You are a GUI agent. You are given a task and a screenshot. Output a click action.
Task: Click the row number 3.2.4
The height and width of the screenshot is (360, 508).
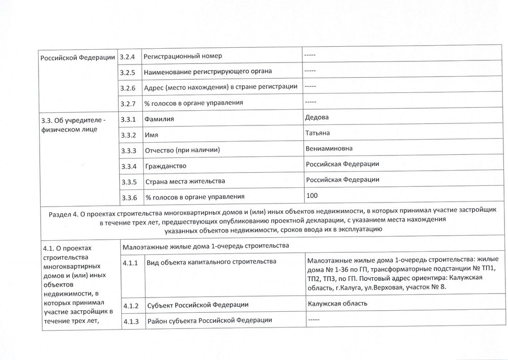click(127, 55)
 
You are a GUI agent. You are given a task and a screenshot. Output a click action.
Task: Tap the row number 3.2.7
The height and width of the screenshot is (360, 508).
click(127, 103)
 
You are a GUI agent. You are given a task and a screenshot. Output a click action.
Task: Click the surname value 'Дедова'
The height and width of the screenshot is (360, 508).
click(316, 117)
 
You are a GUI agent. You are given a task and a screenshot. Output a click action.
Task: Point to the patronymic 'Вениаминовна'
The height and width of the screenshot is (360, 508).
click(329, 149)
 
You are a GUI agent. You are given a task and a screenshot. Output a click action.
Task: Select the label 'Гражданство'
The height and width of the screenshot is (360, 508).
click(166, 166)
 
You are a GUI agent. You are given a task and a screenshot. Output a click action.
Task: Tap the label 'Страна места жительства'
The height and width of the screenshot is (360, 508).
click(185, 181)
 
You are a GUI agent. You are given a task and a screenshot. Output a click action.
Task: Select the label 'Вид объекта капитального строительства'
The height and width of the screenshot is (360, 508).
click(211, 263)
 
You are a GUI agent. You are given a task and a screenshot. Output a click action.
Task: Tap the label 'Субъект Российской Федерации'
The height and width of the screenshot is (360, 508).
click(198, 305)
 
